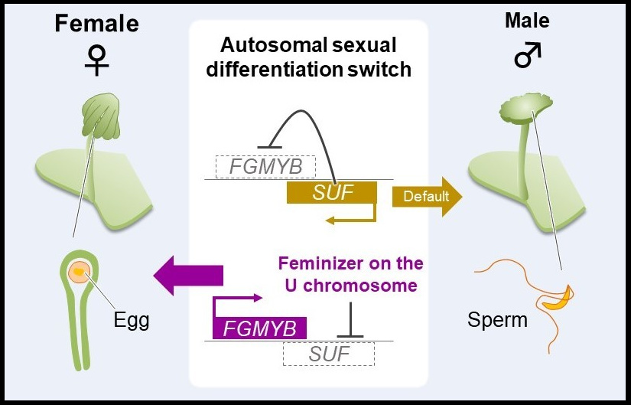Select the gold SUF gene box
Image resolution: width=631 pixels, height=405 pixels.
[332, 192]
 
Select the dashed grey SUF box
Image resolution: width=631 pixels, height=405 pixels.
[329, 354]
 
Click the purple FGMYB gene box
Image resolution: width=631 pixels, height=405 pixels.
[259, 329]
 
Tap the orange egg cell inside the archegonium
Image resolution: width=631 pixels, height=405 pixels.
[80, 272]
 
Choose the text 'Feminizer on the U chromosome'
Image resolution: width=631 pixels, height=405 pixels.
[350, 275]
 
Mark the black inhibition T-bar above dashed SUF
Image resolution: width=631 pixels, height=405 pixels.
[350, 322]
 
